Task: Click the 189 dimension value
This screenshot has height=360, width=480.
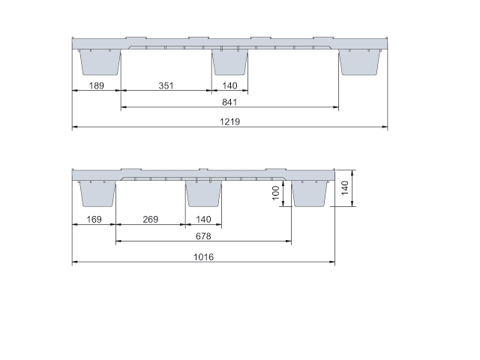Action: (97, 85)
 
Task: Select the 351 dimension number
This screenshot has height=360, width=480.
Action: (166, 85)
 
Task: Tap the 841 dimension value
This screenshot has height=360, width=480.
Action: (229, 102)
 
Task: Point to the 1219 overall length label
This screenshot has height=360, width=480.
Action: (230, 121)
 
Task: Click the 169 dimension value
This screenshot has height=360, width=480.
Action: (94, 220)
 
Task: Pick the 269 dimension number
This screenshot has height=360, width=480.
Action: (151, 220)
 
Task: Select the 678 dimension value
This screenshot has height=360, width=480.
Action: (203, 236)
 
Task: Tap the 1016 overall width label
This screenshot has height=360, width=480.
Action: (203, 256)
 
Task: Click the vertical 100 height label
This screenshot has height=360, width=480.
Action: (276, 193)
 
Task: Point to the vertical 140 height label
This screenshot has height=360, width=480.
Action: (345, 187)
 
